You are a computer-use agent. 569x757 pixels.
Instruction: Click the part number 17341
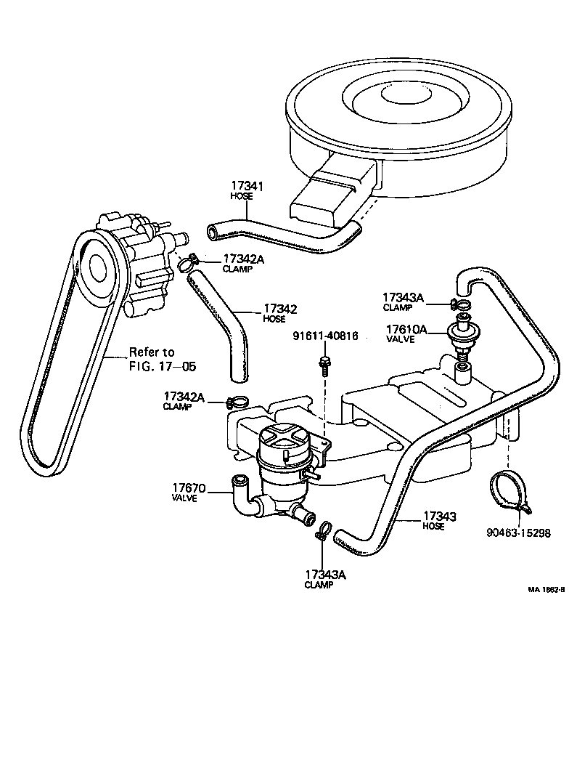[x=247, y=187]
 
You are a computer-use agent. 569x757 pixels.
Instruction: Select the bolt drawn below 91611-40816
[x=325, y=363]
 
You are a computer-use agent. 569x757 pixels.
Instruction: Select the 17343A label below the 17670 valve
[x=324, y=574]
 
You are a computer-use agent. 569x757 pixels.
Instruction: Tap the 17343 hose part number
[x=438, y=517]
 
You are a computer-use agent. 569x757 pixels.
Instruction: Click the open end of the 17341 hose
[x=212, y=232]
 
